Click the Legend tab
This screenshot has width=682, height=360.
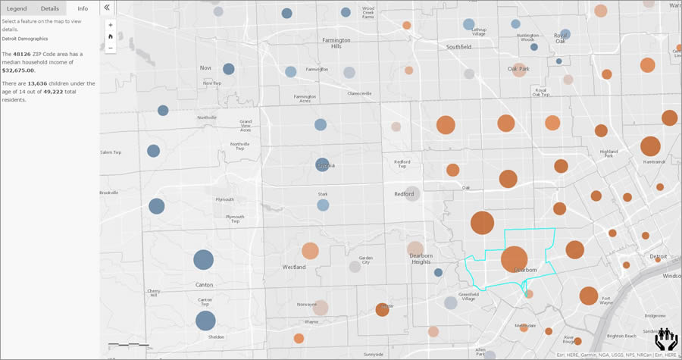pyautogui.click(x=17, y=8)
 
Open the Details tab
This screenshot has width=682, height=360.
pyautogui.click(x=50, y=8)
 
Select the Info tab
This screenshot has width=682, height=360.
pyautogui.click(x=83, y=8)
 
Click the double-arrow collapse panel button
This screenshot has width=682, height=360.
pyautogui.click(x=107, y=8)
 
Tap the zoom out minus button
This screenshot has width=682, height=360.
pyautogui.click(x=111, y=48)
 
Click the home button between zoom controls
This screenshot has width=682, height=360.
pyautogui.click(x=111, y=36)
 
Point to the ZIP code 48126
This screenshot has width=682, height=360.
pyautogui.click(x=33, y=54)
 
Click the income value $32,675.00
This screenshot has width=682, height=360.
pyautogui.click(x=19, y=70)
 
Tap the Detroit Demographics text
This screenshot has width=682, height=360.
pyautogui.click(x=24, y=38)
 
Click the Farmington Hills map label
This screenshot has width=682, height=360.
pyautogui.click(x=336, y=43)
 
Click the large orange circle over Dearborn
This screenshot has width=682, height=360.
pyautogui.click(x=514, y=259)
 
